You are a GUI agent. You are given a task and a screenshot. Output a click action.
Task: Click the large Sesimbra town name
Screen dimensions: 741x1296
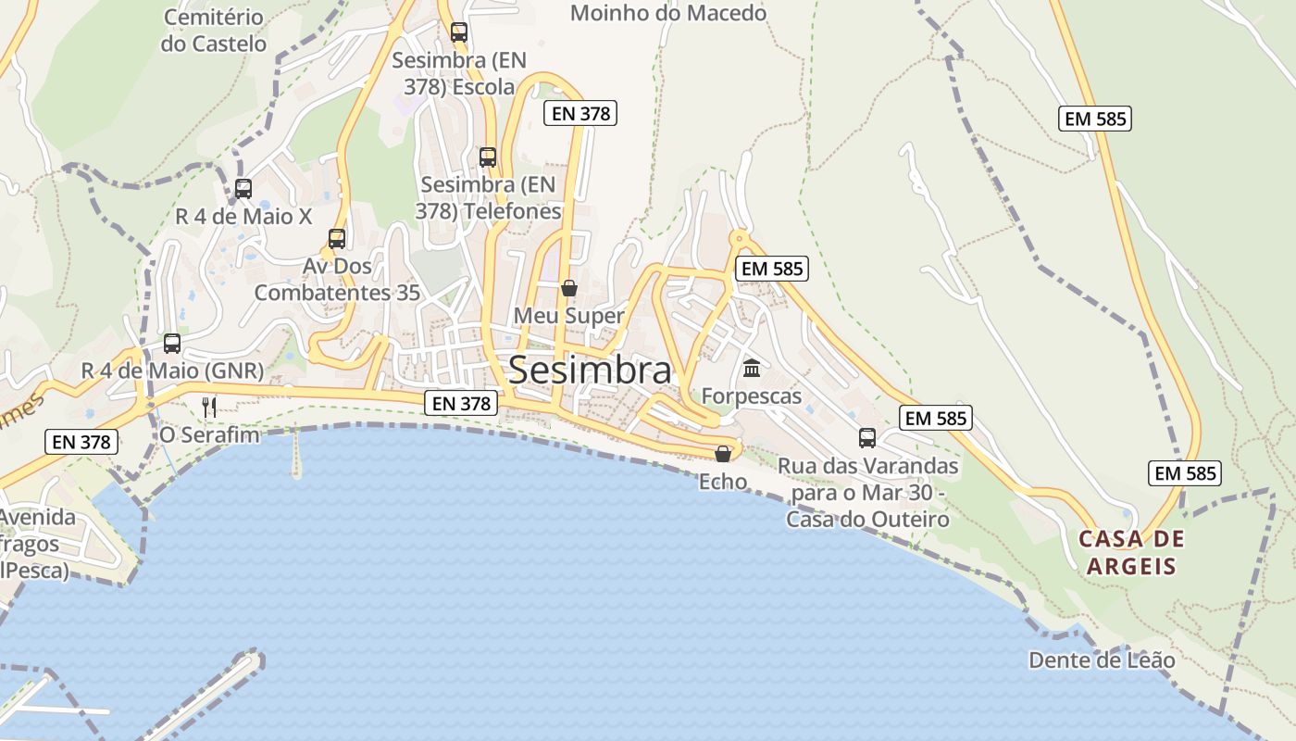(590, 370)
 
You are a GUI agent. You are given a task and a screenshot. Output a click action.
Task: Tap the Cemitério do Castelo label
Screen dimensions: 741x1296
(213, 31)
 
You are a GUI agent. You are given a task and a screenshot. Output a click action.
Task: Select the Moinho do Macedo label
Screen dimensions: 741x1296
(668, 13)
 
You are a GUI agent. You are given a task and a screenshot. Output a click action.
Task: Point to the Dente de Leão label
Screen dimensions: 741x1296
(1102, 660)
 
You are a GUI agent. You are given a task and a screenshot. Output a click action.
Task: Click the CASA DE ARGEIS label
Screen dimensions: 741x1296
(1131, 552)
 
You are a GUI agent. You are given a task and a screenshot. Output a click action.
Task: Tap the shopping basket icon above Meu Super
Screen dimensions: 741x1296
(569, 288)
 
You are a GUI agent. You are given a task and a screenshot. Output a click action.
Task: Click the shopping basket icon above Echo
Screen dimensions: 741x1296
(723, 453)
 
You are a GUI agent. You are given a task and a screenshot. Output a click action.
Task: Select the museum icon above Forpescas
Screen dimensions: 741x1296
(752, 369)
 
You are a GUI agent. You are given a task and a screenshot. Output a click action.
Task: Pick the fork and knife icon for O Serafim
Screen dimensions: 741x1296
(209, 407)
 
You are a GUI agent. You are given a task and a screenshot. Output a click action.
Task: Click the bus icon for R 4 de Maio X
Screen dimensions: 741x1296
(243, 189)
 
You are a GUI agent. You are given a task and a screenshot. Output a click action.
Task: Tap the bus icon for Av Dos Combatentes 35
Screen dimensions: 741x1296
(337, 239)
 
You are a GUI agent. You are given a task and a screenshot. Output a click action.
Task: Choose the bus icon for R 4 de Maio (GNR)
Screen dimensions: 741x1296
(172, 344)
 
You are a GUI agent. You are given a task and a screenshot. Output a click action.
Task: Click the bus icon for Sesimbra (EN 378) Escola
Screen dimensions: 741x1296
(459, 32)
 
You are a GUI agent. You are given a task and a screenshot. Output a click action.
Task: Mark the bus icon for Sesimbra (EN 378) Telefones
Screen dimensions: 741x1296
(488, 157)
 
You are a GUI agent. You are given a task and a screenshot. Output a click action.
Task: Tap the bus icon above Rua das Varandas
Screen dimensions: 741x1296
(867, 438)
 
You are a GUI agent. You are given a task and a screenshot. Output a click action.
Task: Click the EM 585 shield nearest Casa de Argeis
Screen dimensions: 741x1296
(1185, 473)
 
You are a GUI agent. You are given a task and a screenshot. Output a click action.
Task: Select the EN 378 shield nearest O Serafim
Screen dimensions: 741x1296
(81, 442)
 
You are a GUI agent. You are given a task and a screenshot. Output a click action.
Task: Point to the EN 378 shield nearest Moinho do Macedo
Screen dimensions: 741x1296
(580, 113)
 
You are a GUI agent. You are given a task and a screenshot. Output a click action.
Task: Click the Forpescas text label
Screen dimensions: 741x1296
(752, 396)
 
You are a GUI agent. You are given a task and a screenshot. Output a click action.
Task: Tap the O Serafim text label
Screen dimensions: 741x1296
(209, 433)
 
